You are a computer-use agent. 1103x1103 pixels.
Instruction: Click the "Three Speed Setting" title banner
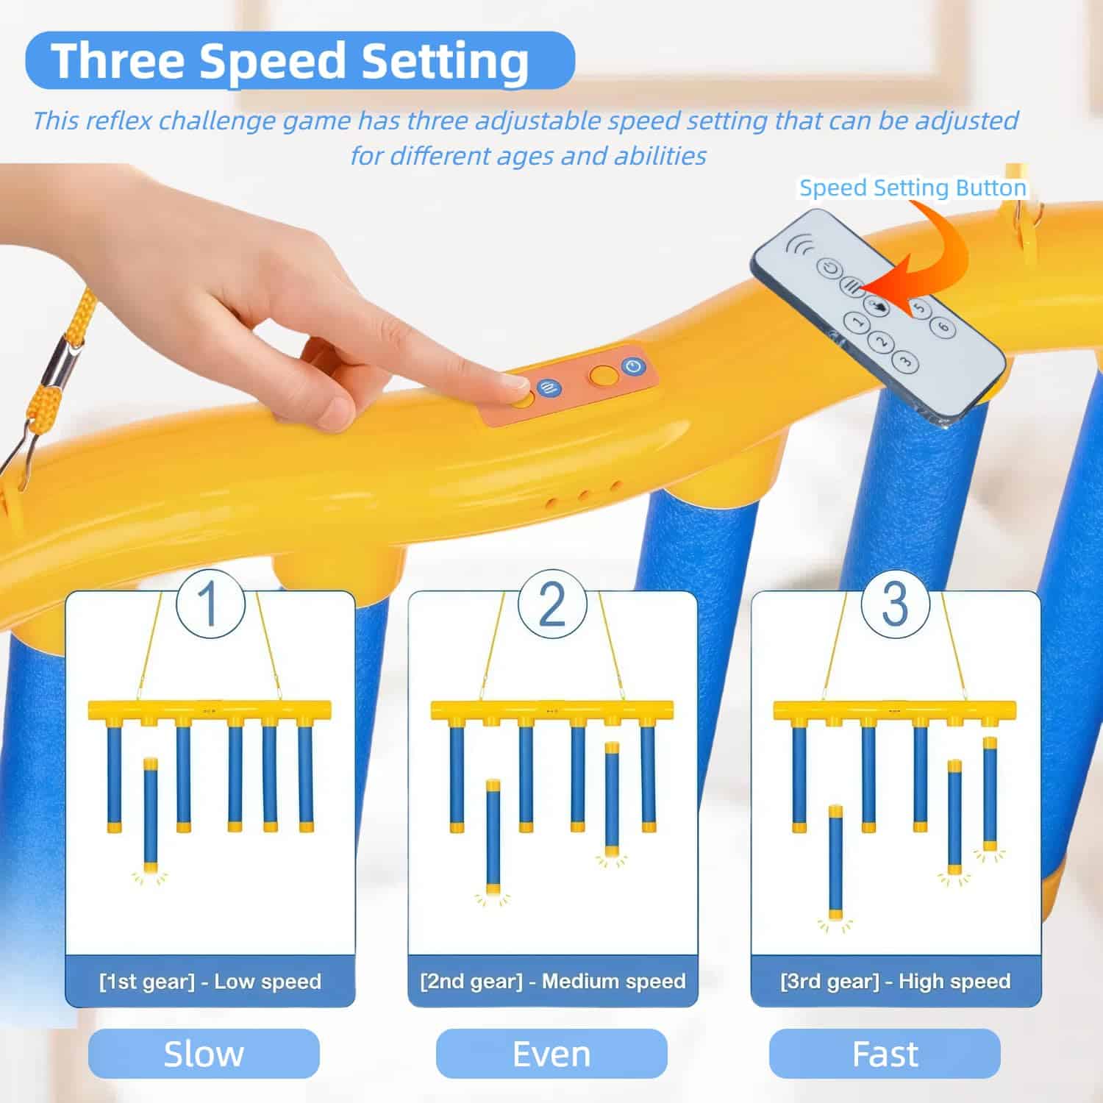[300, 60]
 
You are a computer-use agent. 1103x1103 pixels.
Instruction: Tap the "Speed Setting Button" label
[913, 188]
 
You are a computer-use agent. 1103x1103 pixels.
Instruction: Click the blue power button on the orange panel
[633, 365]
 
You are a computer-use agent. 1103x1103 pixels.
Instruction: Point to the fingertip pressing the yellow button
[514, 382]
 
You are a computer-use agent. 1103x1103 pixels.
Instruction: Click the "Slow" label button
[204, 1054]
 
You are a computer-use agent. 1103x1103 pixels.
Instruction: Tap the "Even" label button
[551, 1054]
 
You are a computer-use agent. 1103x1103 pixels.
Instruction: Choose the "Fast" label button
[885, 1054]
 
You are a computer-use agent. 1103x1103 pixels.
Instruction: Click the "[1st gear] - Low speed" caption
[210, 982]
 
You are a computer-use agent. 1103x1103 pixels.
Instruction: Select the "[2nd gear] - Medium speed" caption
[552, 982]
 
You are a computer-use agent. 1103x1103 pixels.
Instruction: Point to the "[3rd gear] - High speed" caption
[895, 982]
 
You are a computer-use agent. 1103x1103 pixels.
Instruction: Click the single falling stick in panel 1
[150, 816]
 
